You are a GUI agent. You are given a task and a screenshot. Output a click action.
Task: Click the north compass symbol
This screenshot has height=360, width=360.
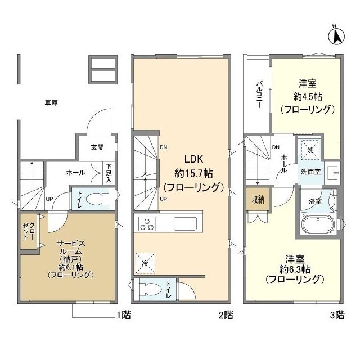(335, 36)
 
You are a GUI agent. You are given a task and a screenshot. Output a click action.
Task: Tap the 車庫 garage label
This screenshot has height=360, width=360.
(51, 103)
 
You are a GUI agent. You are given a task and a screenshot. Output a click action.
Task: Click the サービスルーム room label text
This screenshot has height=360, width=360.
(70, 249)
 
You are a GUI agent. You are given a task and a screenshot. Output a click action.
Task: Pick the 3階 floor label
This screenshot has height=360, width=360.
(336, 316)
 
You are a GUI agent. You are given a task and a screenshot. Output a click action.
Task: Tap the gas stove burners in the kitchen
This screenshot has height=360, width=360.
(147, 223)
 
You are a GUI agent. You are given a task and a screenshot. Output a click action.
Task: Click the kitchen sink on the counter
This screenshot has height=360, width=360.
(185, 223)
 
